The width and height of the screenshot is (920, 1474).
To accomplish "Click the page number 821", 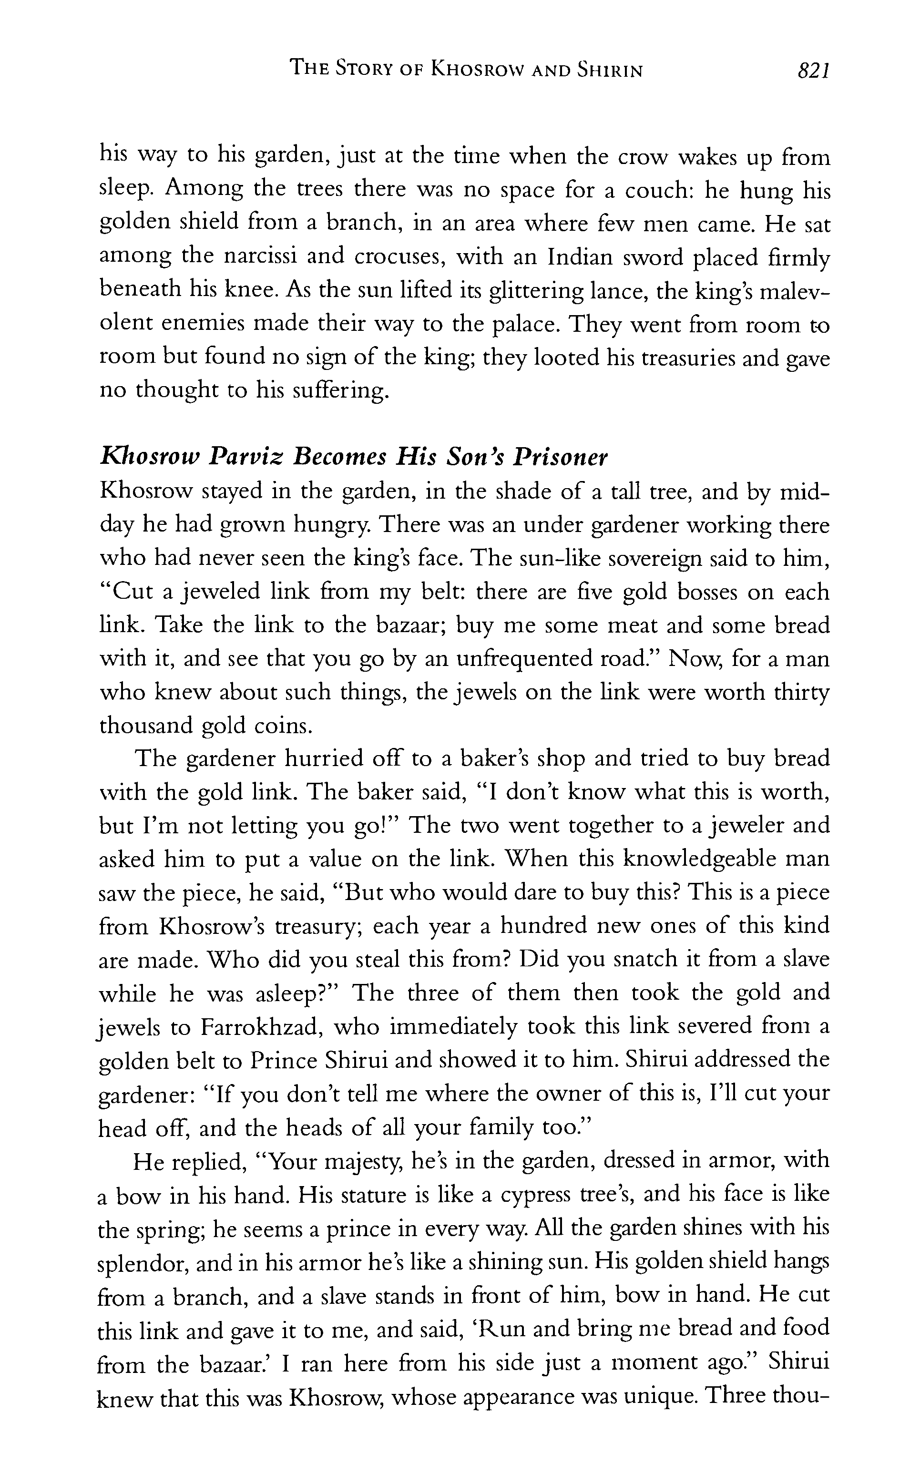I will [813, 71].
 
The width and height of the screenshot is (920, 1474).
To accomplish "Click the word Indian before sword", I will [587, 257].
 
